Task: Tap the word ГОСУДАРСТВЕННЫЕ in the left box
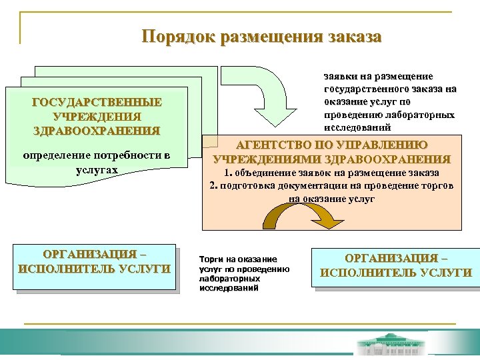[x=97, y=102]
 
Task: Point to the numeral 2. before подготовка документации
[x=214, y=186]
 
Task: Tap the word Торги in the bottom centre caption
[x=213, y=259]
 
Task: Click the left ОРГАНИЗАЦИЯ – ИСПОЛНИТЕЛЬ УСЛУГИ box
[x=94, y=263]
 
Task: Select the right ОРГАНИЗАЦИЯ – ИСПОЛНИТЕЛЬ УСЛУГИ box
[x=396, y=265]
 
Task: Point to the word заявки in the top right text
[x=339, y=77]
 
